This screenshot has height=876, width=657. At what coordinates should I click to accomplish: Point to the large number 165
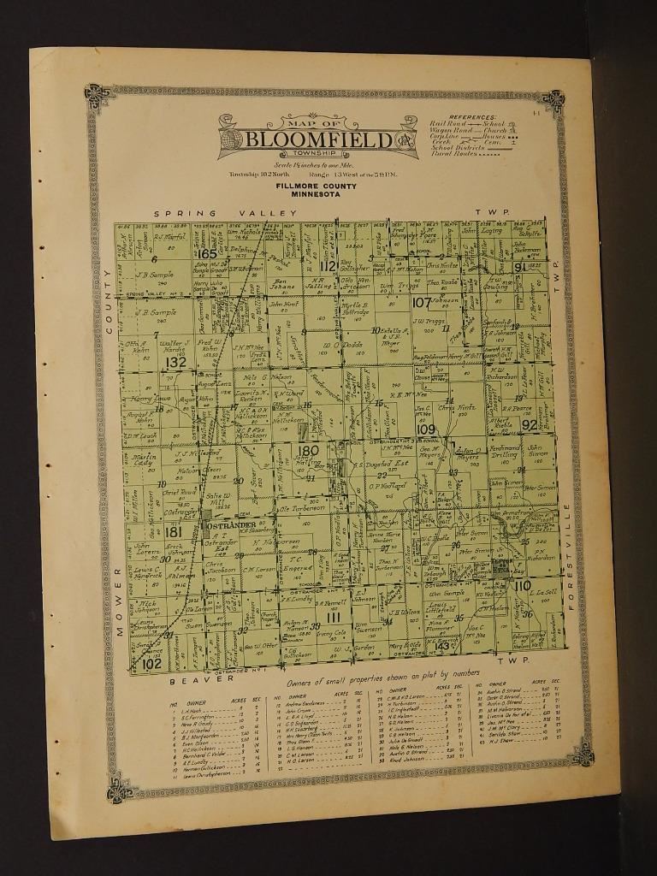tap(208, 253)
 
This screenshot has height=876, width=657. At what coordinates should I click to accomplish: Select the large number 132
tap(175, 363)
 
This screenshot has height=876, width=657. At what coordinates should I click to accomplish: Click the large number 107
tap(422, 302)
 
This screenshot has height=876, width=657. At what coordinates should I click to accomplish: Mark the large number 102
tap(151, 663)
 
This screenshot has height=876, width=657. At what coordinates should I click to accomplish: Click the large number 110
tap(522, 585)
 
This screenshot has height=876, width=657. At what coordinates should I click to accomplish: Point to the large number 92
tap(529, 424)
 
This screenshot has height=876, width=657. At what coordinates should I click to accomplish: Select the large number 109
tap(425, 429)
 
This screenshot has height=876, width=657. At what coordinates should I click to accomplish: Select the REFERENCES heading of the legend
tap(472, 117)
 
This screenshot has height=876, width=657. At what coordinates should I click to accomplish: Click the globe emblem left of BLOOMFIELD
tap(231, 139)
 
